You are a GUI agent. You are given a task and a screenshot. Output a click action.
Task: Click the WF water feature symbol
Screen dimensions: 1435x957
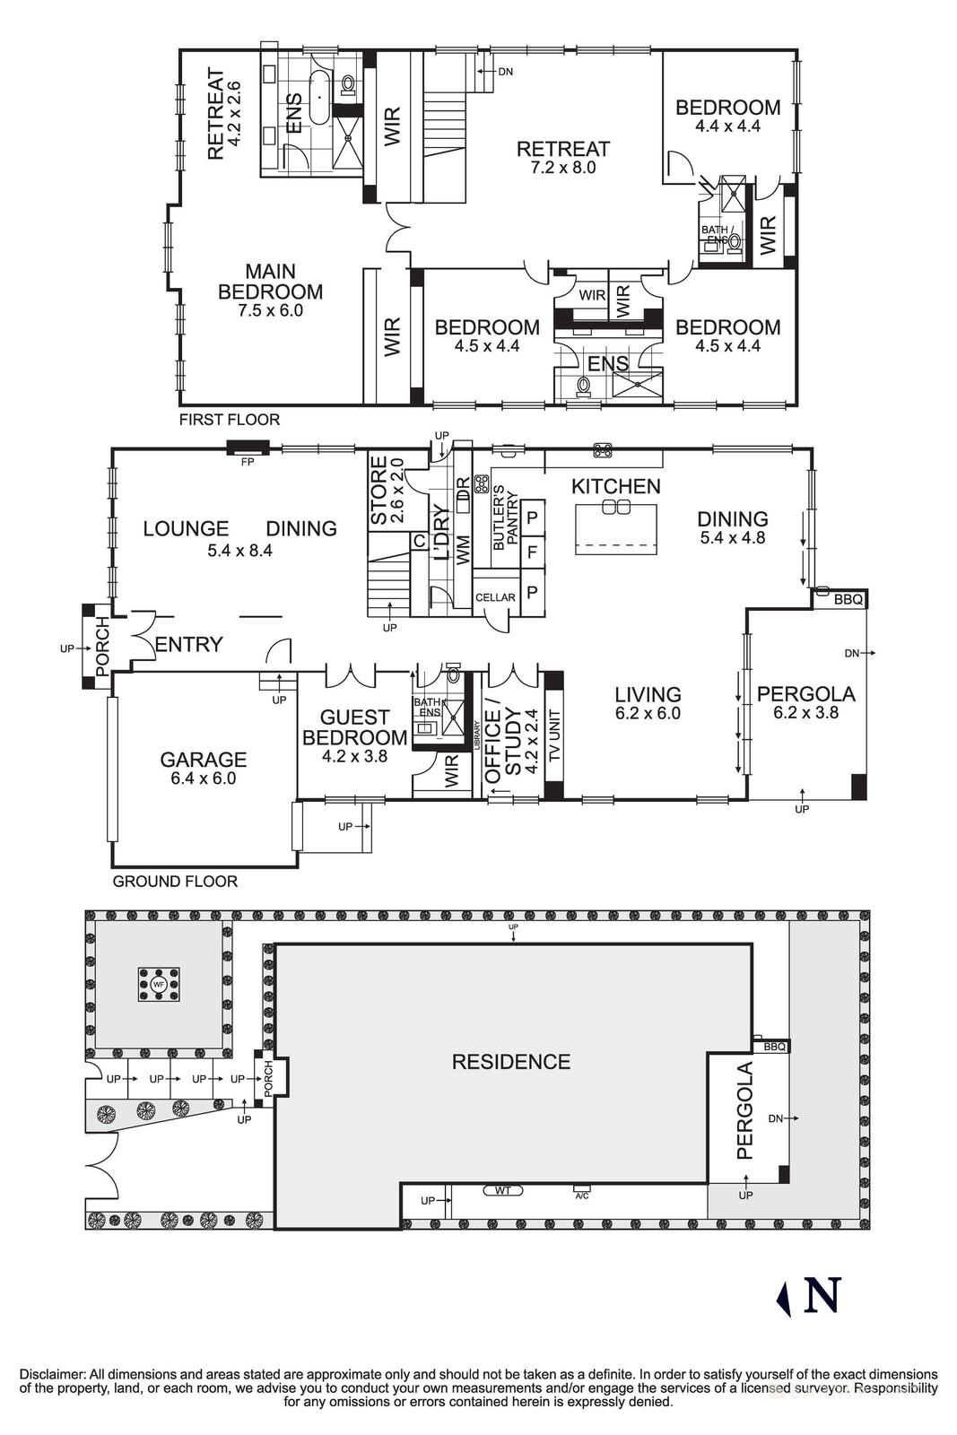[159, 984]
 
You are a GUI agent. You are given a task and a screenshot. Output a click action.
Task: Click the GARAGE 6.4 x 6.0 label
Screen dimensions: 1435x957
[203, 769]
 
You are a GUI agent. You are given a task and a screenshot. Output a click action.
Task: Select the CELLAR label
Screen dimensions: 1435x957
[495, 597]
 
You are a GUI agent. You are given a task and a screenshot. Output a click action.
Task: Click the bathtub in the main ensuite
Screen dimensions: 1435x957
[318, 99]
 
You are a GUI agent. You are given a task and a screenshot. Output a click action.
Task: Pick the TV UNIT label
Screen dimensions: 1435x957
[553, 735]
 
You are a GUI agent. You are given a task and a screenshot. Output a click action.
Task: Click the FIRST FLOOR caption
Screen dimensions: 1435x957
[230, 420]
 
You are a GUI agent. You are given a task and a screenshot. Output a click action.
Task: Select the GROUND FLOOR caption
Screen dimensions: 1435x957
[175, 882]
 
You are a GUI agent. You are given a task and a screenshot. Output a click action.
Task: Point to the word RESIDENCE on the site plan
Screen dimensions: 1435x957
[510, 1062]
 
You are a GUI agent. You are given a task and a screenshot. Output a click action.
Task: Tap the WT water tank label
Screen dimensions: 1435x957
[502, 1191]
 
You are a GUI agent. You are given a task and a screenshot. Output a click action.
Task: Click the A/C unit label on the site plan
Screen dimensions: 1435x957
[581, 1196]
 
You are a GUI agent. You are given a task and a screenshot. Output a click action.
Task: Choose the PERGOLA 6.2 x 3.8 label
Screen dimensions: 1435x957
[805, 702]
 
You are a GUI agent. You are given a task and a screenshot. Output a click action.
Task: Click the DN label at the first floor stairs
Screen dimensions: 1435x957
[505, 71]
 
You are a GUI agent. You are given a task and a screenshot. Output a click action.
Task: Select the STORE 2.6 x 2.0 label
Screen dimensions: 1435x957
[387, 491]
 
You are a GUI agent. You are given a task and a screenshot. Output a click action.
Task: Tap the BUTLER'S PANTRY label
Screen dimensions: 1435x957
[506, 517]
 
